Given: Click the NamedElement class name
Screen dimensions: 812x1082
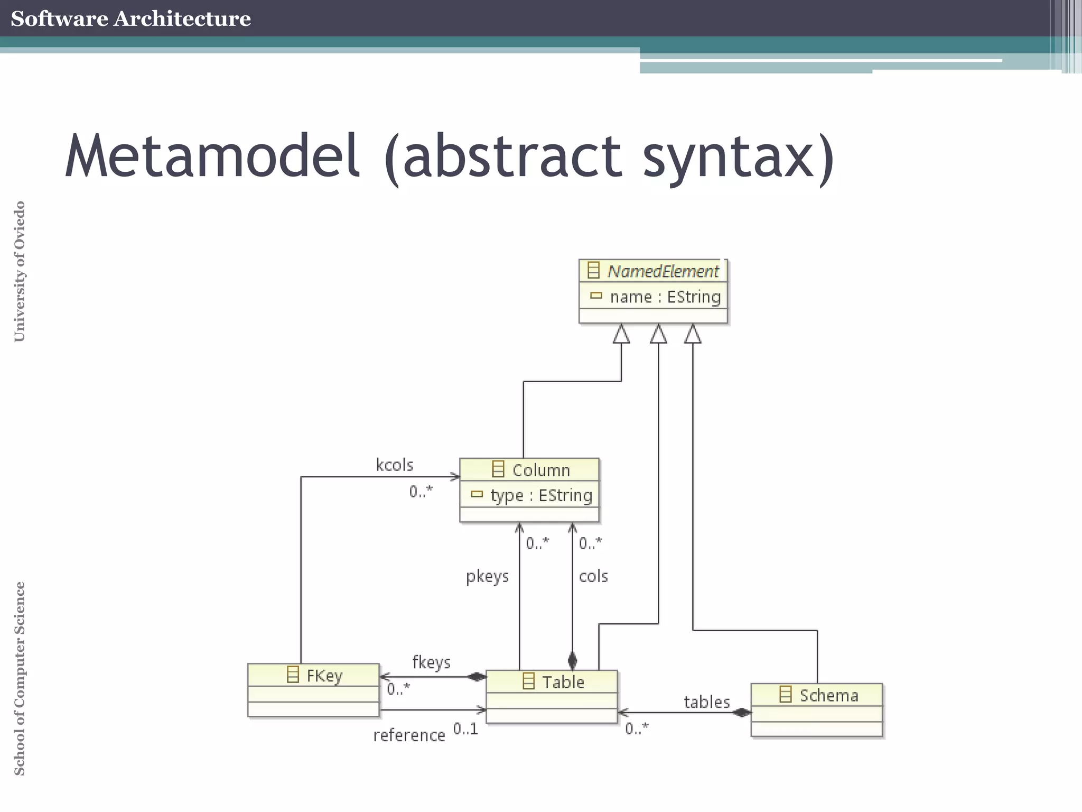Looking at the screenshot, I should click(x=663, y=271).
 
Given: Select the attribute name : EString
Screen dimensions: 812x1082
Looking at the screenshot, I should click(x=665, y=297).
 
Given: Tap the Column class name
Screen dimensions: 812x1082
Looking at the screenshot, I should click(x=540, y=470).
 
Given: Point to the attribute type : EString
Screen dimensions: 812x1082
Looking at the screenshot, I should click(x=540, y=496).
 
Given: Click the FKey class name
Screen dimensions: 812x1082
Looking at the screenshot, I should click(x=324, y=676).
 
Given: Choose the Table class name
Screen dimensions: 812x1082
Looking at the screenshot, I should click(x=563, y=682).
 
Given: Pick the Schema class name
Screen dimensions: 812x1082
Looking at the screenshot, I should click(x=828, y=696).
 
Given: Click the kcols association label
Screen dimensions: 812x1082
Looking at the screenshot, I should click(x=394, y=465).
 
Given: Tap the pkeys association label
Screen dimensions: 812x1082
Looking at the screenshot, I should click(x=487, y=576).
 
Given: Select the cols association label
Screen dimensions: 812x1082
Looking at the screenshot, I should click(x=593, y=576).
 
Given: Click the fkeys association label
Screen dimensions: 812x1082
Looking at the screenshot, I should click(x=431, y=662).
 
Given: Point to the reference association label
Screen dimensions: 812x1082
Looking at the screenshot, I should click(x=409, y=735).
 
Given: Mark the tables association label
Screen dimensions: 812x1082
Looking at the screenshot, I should click(x=706, y=702).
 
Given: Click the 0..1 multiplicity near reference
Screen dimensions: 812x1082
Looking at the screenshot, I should click(x=465, y=729).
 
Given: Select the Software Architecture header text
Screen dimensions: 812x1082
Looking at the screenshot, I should click(x=130, y=19).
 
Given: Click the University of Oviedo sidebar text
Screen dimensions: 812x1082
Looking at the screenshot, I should click(x=20, y=271).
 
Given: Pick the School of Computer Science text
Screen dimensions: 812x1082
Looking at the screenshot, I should click(x=20, y=678).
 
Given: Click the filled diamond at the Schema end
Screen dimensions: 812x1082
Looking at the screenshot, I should click(x=742, y=713).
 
